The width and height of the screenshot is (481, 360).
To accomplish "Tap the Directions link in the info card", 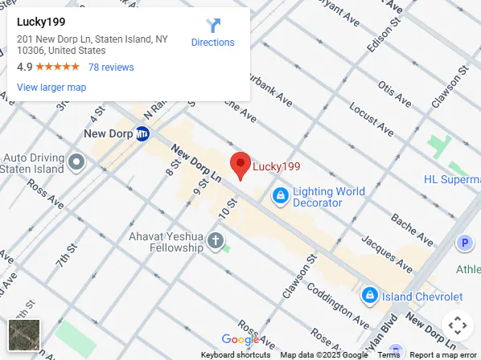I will tap(212, 33).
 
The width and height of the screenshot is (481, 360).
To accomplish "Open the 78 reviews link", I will tap(111, 67).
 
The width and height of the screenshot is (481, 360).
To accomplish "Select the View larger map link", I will tap(51, 88).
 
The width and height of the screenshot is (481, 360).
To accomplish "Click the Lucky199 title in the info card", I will tap(41, 22).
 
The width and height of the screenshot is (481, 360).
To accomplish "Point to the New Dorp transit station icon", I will tap(142, 133).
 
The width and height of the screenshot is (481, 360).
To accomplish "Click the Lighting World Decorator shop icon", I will tap(280, 195).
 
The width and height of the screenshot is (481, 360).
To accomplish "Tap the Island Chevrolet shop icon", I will tap(370, 295).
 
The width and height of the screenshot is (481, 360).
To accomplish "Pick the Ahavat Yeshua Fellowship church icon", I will tap(215, 240).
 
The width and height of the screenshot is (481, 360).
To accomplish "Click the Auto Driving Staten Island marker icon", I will tap(77, 162).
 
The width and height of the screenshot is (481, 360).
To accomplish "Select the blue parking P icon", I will tap(464, 243).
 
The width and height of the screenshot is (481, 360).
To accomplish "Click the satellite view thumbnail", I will tap(23, 334).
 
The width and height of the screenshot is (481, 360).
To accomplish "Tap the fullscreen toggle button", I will tap(457, 326).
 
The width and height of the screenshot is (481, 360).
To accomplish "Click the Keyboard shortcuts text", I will tap(236, 355).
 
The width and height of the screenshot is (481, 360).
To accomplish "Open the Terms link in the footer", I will tap(388, 355).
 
